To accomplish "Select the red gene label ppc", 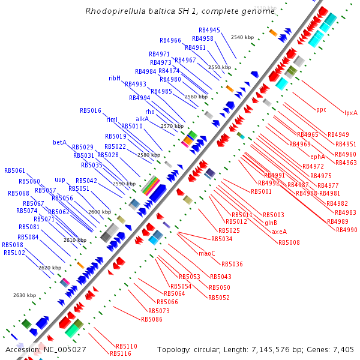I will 321,109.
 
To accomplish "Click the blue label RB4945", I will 209,30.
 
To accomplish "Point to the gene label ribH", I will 115,78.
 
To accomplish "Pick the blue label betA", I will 59,142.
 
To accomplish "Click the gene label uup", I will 60,179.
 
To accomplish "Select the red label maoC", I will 206,253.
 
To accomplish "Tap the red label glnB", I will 271,223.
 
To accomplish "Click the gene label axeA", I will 279,232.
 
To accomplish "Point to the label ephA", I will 317,157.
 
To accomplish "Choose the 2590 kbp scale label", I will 124,184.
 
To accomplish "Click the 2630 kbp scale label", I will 25,295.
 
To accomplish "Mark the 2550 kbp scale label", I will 219,68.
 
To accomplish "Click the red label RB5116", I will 120,353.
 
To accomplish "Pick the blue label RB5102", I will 14,253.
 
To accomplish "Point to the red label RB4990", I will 346,230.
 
